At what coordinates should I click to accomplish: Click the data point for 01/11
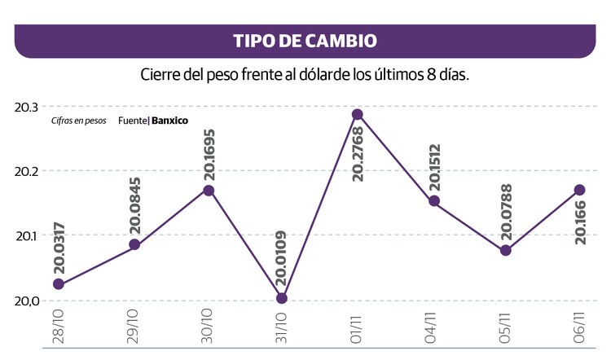[357, 115]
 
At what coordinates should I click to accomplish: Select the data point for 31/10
[281, 298]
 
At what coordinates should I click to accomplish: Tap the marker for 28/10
[58, 284]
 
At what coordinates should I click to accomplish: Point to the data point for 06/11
[579, 190]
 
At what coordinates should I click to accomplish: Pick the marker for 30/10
[209, 190]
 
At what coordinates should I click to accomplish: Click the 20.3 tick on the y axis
[27, 108]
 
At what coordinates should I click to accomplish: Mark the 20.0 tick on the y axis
[27, 301]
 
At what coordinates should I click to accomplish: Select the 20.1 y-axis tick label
[27, 236]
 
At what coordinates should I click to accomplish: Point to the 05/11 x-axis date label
[505, 326]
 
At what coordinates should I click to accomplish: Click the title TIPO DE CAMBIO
[305, 41]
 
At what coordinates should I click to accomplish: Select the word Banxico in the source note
[169, 121]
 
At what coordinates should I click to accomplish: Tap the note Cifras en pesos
[79, 121]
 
